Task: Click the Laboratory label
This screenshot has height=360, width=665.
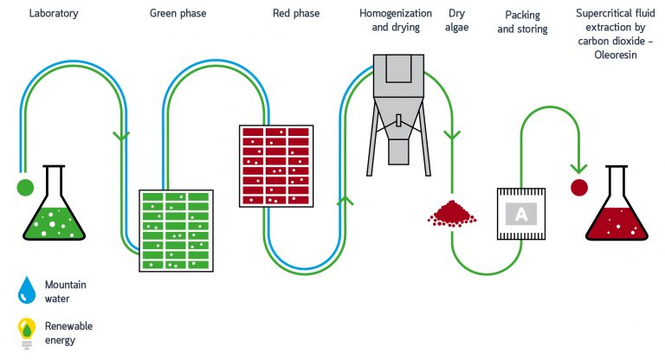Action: (54, 13)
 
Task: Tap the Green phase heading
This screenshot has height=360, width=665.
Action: (178, 13)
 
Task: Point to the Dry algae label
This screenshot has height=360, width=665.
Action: (458, 21)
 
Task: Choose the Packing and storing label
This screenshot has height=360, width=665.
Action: (522, 22)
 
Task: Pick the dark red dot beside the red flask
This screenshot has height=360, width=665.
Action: (578, 186)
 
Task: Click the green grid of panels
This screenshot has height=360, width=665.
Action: (176, 230)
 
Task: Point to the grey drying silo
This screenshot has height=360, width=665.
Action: (398, 104)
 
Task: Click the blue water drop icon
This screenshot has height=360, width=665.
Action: (27, 289)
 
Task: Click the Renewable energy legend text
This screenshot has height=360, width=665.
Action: (68, 332)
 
